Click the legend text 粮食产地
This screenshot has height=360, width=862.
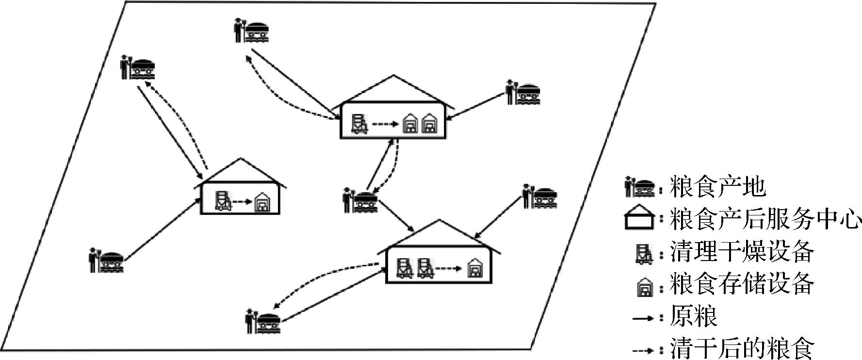(x=717, y=187)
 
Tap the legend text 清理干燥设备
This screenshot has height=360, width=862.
(x=742, y=252)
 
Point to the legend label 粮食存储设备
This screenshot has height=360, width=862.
(x=742, y=284)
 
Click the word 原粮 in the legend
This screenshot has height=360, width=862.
(x=693, y=317)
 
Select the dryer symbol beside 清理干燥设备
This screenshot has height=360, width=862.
(x=644, y=253)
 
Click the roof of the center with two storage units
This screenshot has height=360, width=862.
(x=393, y=90)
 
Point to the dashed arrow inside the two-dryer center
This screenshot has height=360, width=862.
(x=447, y=268)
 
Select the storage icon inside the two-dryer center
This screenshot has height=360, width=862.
(x=474, y=268)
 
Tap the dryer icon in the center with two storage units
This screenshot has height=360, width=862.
(x=359, y=124)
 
